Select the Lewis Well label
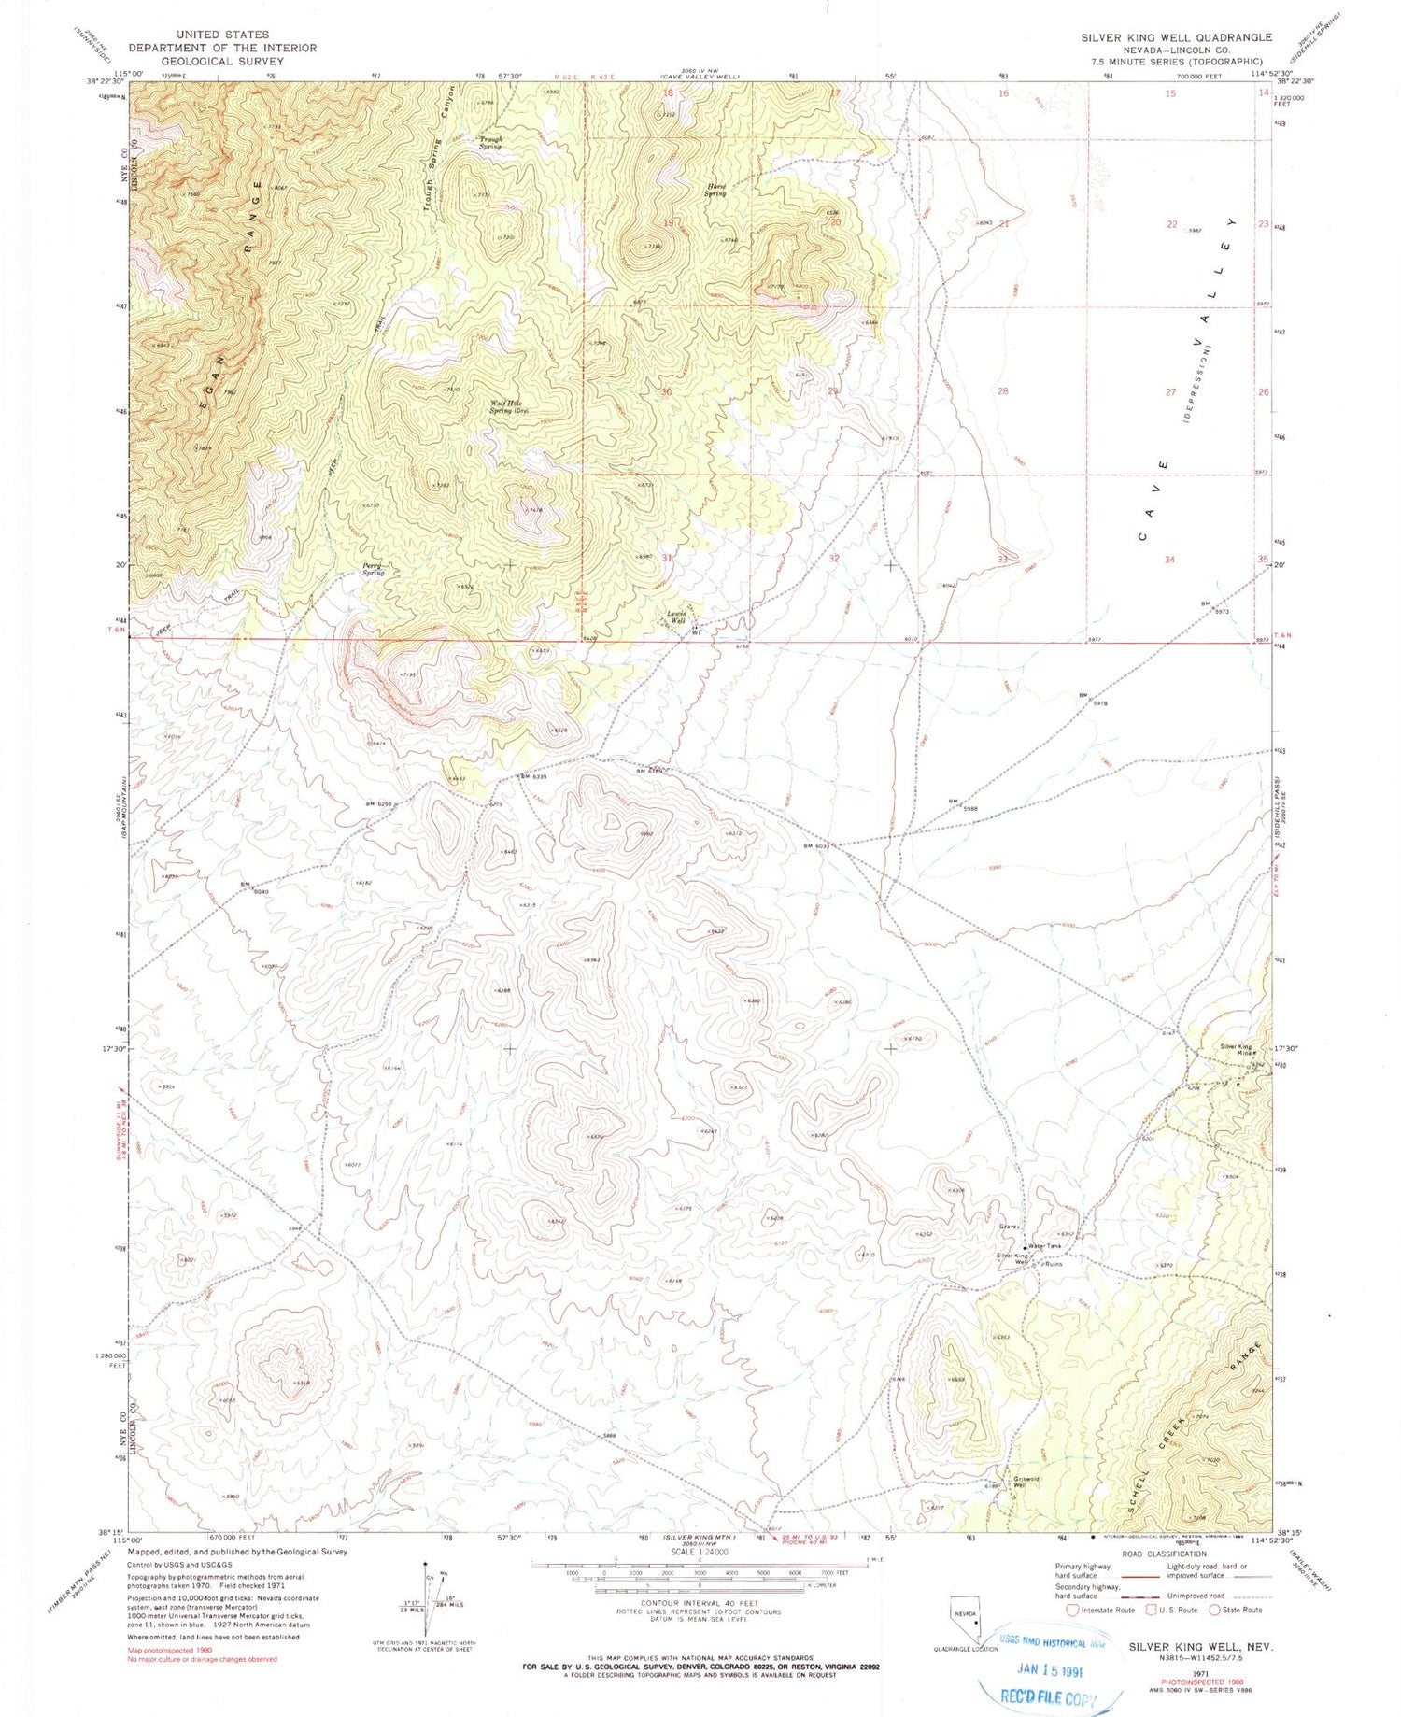[x=677, y=617]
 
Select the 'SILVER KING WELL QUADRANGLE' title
[x=1176, y=37]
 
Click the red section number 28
[x=1003, y=391]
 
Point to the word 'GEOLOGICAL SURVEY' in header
[x=222, y=61]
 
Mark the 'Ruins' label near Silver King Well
[x=1053, y=1264]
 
